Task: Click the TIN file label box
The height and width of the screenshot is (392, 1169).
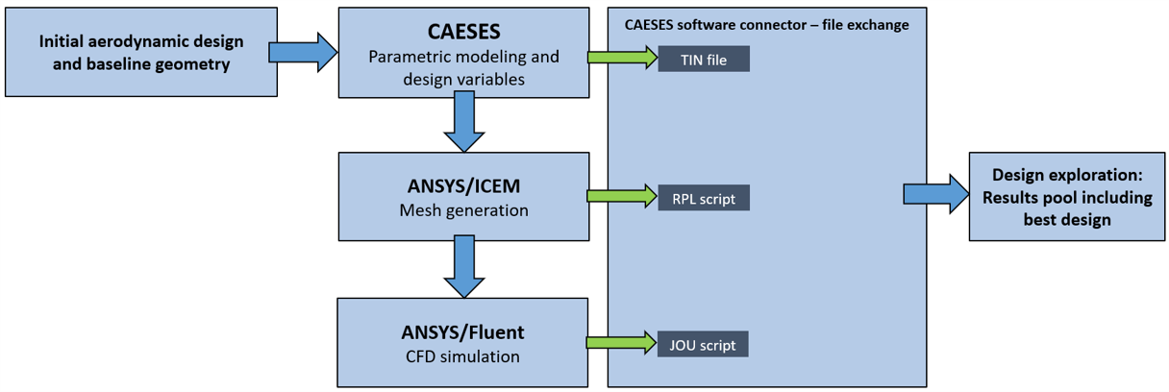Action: click(x=704, y=59)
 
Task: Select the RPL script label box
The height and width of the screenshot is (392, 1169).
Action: click(x=704, y=198)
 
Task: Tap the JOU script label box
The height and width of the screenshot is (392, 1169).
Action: click(x=703, y=344)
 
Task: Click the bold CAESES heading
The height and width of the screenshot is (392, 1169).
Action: click(x=464, y=32)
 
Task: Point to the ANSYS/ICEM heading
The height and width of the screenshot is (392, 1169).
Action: click(x=464, y=186)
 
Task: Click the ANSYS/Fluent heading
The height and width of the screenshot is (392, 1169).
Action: click(x=463, y=332)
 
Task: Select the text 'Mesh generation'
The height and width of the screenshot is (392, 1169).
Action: click(x=464, y=210)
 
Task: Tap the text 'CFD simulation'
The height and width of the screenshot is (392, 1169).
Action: click(x=463, y=356)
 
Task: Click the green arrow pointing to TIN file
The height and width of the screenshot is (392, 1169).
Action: click(x=623, y=58)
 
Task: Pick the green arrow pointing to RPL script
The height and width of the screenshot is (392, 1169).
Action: click(x=622, y=196)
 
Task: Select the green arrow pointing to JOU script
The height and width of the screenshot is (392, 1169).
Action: click(x=622, y=342)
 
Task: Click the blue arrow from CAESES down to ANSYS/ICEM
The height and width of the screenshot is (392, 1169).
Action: click(x=464, y=121)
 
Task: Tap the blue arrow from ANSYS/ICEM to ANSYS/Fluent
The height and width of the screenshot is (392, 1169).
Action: click(x=464, y=266)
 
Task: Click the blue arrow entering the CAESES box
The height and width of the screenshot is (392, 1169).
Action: click(x=303, y=53)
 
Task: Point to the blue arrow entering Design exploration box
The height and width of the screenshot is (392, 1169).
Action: click(x=936, y=194)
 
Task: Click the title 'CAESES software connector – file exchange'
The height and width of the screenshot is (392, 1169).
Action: click(x=766, y=25)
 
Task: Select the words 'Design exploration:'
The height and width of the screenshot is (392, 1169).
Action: click(x=1067, y=175)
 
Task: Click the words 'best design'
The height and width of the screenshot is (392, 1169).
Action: click(x=1067, y=220)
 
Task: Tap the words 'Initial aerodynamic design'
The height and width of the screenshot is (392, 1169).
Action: click(x=141, y=41)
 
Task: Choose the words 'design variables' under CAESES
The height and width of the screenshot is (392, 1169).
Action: click(x=464, y=79)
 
